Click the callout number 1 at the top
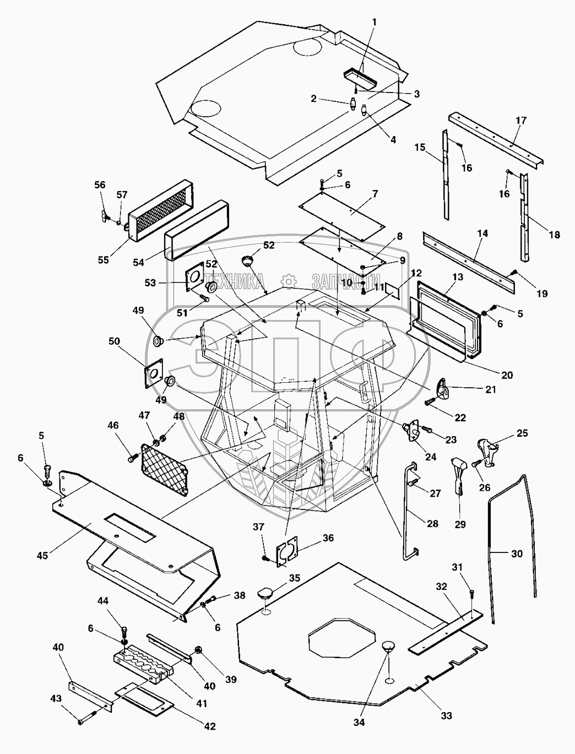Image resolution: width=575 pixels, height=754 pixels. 375,22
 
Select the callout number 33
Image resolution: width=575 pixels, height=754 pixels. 446,715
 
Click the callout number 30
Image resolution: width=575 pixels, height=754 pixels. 516,554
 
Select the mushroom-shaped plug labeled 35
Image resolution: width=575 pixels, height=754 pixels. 264,594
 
